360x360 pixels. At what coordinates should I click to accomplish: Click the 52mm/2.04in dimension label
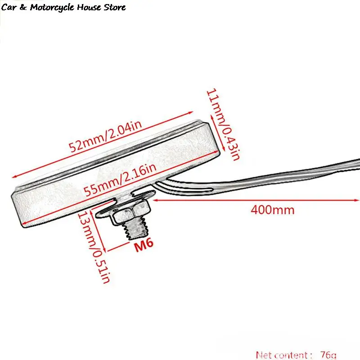click(105, 136)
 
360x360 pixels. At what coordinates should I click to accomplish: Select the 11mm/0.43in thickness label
click(223, 124)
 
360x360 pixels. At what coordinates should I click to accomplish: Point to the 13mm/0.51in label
click(94, 247)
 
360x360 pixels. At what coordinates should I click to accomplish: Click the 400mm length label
click(273, 210)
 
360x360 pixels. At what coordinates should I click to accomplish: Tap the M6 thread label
click(144, 245)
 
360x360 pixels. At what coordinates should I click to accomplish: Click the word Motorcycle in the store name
click(53, 8)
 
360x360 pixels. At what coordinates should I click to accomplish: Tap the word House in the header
click(89, 7)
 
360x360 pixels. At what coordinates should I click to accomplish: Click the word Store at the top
click(115, 7)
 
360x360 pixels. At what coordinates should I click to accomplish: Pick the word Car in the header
click(9, 7)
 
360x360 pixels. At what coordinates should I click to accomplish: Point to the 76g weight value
click(328, 355)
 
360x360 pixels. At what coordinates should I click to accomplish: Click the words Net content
click(282, 355)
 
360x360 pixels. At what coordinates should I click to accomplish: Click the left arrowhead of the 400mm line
click(155, 200)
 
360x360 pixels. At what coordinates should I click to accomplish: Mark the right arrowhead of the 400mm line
click(356, 200)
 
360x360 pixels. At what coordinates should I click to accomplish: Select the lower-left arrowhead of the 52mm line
click(15, 176)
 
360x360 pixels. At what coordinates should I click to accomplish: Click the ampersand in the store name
click(23, 8)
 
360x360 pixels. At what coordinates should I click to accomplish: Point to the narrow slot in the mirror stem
click(184, 187)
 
